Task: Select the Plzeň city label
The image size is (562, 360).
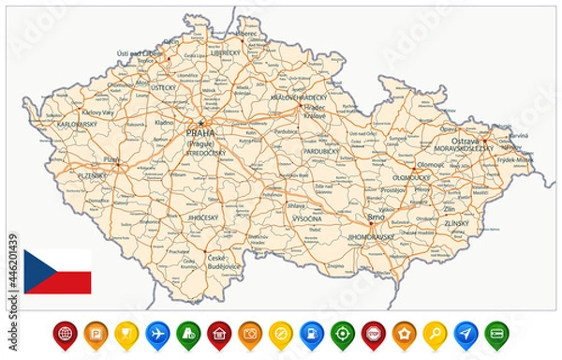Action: click(111, 160)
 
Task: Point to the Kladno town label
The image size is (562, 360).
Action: click(165, 123)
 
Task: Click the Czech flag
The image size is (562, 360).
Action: click(58, 271)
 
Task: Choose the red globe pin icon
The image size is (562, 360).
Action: click(65, 332)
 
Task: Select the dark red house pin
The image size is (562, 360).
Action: click(219, 332)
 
